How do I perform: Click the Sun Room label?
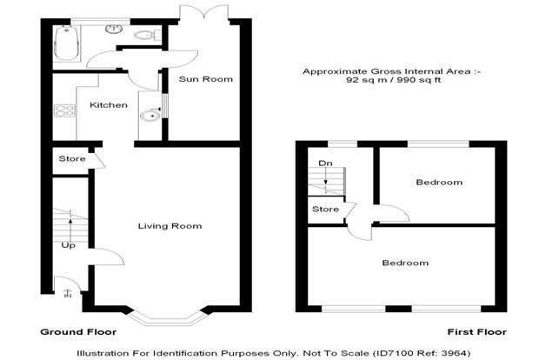205,79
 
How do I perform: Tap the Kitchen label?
109,105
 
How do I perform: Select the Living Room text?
170,226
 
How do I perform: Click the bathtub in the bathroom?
67,43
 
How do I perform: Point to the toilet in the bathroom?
147,36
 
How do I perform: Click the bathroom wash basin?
115,29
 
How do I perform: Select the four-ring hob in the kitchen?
64,110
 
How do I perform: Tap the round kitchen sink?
150,116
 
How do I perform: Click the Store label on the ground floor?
72,158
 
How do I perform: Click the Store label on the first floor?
325,209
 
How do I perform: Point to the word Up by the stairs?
68,245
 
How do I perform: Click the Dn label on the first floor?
325,163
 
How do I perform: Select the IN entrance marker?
69,293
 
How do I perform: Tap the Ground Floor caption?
78,332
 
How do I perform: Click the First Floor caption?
476,332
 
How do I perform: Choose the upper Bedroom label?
439,182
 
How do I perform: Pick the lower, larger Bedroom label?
405,263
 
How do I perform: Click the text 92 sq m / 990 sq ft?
393,80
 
